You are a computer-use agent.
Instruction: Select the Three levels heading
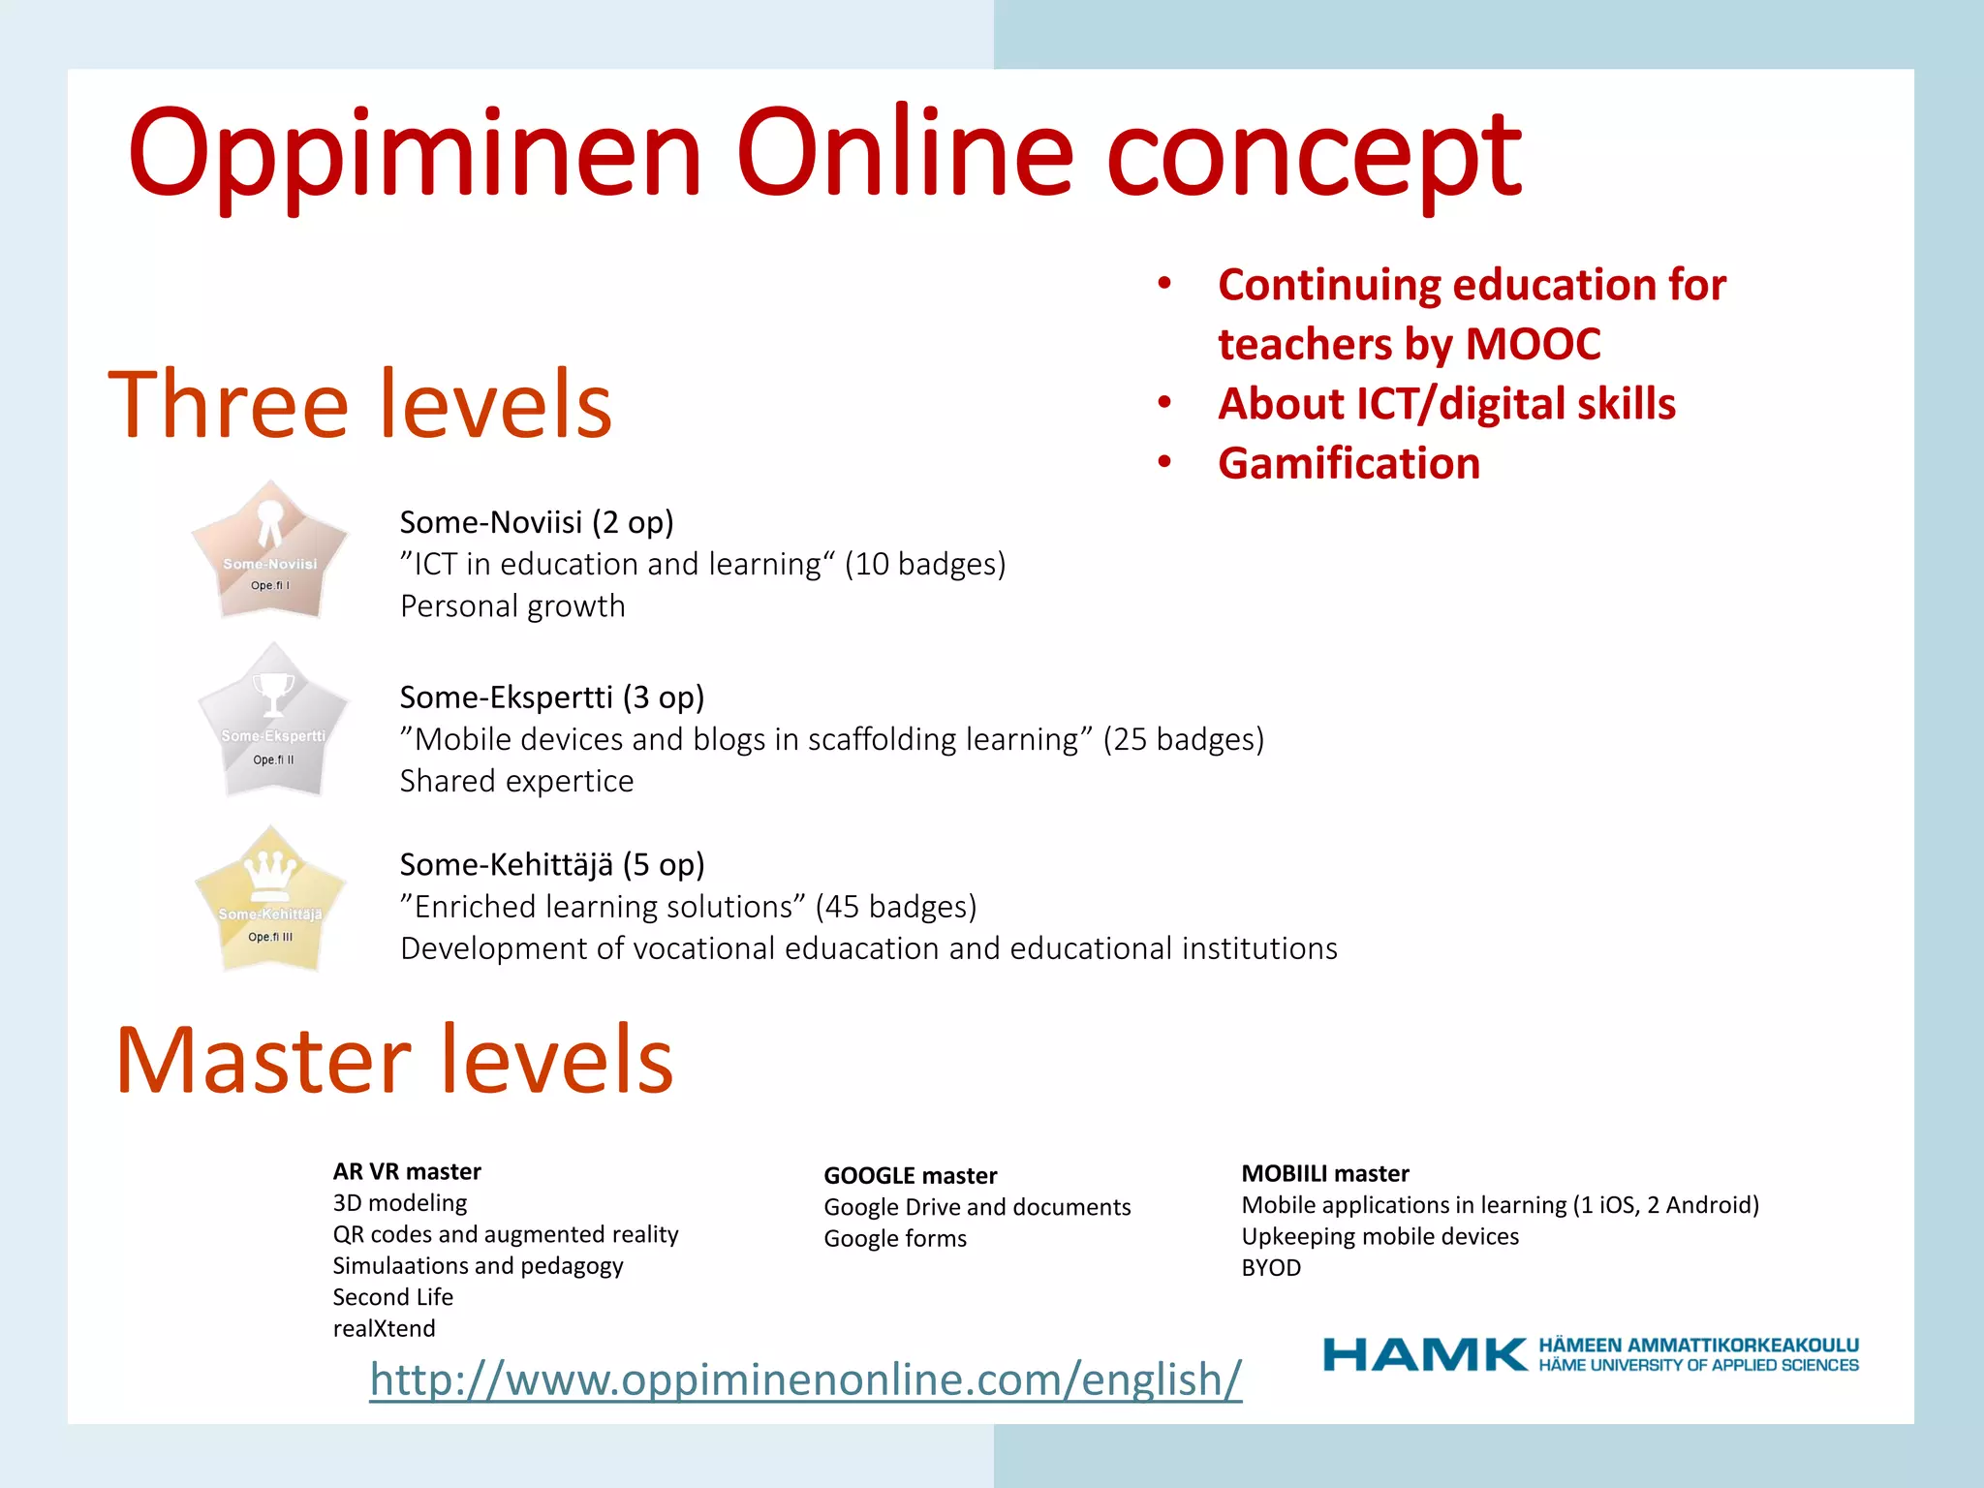(360, 404)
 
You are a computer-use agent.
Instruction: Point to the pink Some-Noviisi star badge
(269, 552)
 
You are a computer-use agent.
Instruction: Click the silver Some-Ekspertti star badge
(272, 723)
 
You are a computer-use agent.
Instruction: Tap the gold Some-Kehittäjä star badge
(270, 901)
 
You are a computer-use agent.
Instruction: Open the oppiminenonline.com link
(805, 1379)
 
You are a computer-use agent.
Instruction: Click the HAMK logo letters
(1424, 1354)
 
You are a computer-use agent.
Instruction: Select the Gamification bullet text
(1348, 463)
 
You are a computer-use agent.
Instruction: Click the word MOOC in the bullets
(1533, 344)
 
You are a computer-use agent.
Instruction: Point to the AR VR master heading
(407, 1171)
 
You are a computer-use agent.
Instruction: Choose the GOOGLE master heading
(910, 1175)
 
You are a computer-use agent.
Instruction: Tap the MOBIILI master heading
(1324, 1173)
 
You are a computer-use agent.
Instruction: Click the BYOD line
(1271, 1267)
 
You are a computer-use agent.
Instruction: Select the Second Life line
(392, 1296)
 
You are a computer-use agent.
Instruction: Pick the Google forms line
(895, 1238)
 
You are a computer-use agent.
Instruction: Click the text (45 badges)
(895, 906)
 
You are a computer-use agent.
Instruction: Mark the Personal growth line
(512, 605)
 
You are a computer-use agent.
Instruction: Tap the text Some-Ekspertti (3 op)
(552, 697)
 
